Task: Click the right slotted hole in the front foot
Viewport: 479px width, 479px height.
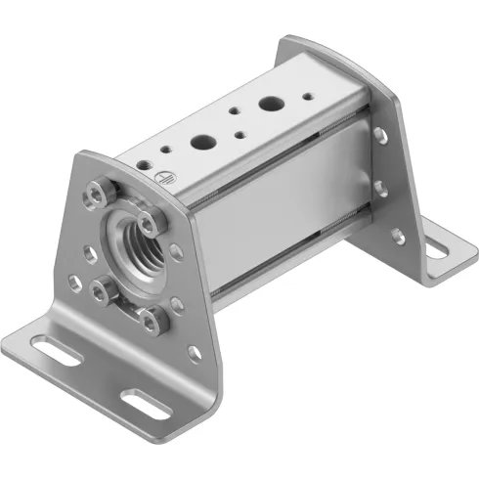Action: tap(147, 400)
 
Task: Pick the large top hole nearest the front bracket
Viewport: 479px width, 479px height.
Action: tap(204, 141)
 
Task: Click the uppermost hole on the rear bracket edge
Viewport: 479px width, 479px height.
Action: tap(378, 134)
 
